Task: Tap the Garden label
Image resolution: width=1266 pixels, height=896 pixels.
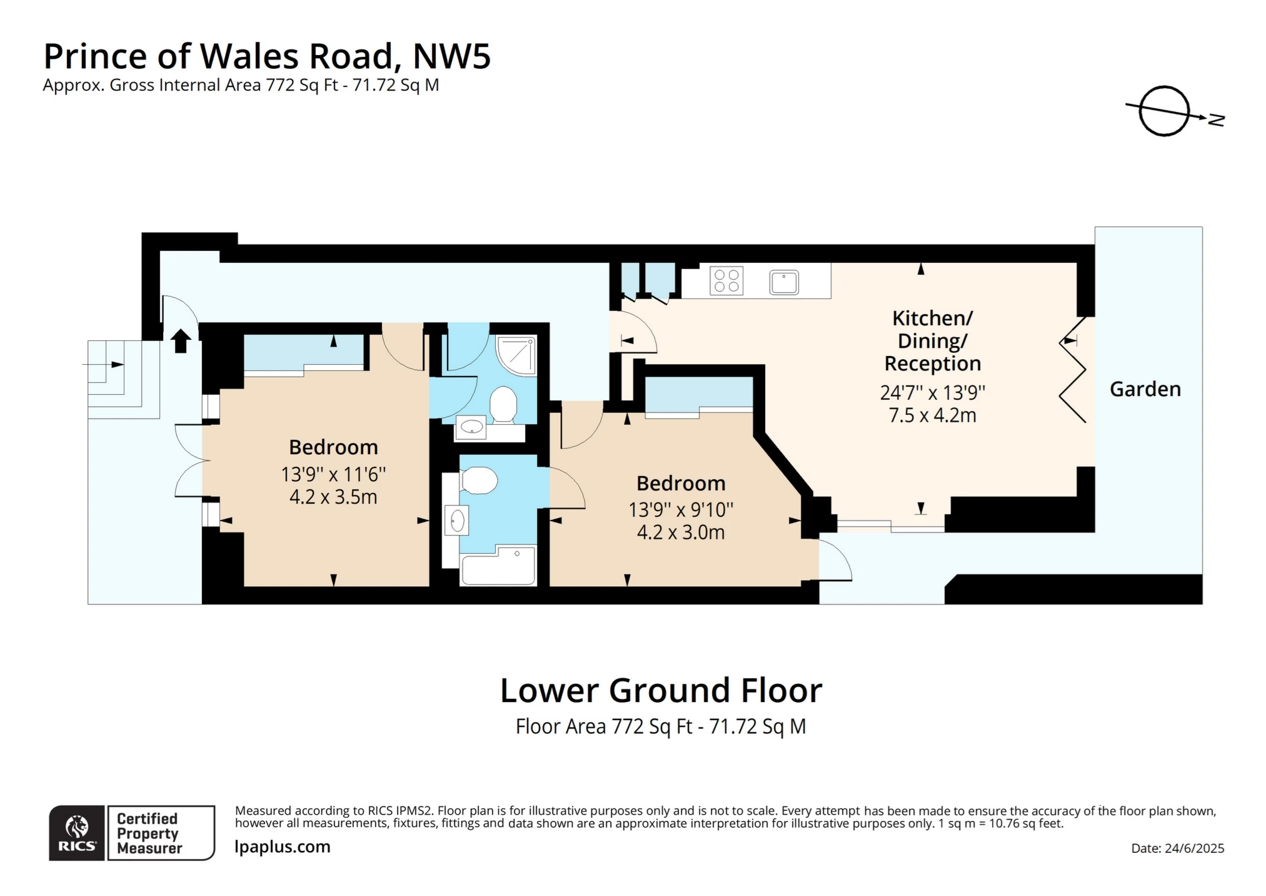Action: click(1145, 389)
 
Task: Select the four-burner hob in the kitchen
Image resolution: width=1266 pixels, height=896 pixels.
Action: click(726, 280)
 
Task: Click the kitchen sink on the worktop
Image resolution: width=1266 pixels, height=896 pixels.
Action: click(783, 282)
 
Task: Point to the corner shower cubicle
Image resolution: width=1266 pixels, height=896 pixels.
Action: click(516, 355)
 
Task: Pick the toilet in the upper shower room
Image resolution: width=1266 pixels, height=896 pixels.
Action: click(503, 404)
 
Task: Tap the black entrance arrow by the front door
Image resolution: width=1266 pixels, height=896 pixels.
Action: click(181, 341)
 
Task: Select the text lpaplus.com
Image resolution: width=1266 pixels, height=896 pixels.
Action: click(283, 847)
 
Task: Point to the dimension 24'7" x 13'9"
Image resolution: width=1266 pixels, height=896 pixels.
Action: click(932, 392)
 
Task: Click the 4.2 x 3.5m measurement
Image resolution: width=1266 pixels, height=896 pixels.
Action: click(333, 497)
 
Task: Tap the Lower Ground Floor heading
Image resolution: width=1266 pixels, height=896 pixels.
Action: click(661, 691)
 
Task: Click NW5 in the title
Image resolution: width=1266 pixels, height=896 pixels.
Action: click(451, 56)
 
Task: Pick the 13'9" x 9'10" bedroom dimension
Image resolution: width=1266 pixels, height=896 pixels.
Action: click(680, 509)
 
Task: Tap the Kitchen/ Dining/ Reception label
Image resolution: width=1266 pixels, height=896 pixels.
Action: click(932, 340)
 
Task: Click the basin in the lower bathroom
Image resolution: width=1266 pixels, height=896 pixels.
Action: click(457, 521)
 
